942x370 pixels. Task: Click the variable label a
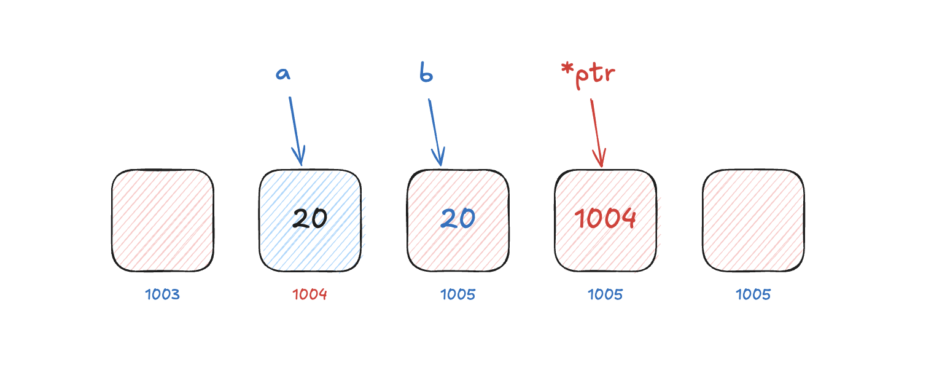pyautogui.click(x=283, y=74)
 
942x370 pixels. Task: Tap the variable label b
pyautogui.click(x=426, y=72)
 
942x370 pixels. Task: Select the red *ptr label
pyautogui.click(x=588, y=75)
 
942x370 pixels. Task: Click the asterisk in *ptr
pyautogui.click(x=567, y=68)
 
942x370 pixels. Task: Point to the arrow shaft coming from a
pyautogui.click(x=296, y=131)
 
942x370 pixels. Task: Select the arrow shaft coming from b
pyautogui.click(x=435, y=132)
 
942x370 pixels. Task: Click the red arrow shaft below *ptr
pyautogui.click(x=597, y=133)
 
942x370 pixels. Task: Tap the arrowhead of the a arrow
pyautogui.click(x=300, y=156)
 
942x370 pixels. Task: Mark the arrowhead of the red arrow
pyautogui.click(x=600, y=158)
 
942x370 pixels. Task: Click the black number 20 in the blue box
pyautogui.click(x=310, y=218)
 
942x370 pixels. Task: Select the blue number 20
pyautogui.click(x=458, y=218)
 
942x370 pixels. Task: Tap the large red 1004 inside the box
pyautogui.click(x=605, y=218)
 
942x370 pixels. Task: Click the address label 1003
pyautogui.click(x=162, y=294)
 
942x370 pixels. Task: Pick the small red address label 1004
pyautogui.click(x=310, y=294)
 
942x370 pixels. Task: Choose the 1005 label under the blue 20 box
pyautogui.click(x=458, y=294)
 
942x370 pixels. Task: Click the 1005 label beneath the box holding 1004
pyautogui.click(x=605, y=294)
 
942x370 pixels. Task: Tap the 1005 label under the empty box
pyautogui.click(x=753, y=294)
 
